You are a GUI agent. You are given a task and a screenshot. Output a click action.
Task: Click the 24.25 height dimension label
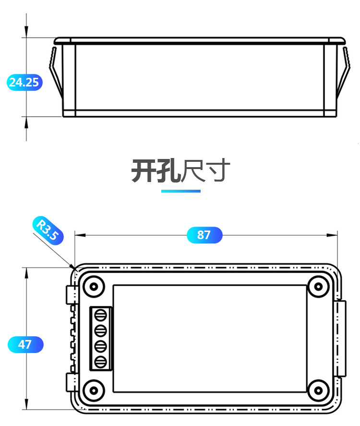coord(24,82)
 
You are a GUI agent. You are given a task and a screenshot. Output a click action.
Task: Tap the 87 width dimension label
coord(204,235)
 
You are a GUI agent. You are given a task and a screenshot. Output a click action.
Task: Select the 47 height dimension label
coord(25,344)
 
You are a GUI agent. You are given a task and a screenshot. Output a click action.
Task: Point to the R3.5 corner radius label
coord(48,230)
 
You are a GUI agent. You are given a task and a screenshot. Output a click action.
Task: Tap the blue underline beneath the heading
coord(180,191)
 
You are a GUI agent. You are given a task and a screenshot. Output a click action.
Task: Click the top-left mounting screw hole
coord(94,287)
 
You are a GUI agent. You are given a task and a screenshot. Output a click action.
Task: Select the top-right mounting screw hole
coord(318,287)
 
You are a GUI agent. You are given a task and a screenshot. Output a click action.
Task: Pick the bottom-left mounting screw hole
coord(94,389)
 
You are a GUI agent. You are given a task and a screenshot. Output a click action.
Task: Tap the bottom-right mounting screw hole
coord(318,389)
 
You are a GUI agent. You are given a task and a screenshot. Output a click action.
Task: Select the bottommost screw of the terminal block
coord(101,362)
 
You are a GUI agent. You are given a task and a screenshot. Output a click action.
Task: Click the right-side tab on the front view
coord(340,338)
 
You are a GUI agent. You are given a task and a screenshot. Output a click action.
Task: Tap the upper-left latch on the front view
coord(71,294)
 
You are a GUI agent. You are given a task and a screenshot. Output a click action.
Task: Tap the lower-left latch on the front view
coord(71,383)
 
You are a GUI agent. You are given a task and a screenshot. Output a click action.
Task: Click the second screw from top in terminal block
coord(101,330)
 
